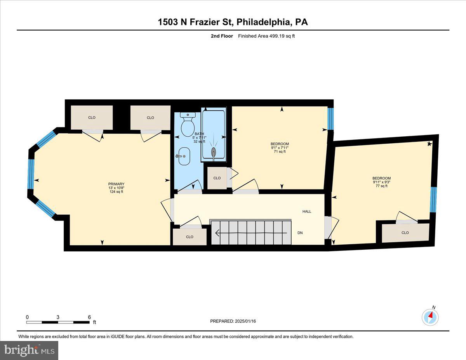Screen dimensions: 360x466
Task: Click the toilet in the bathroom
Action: point(188,123)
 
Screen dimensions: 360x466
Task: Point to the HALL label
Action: point(307,212)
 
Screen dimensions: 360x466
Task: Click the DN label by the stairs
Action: point(300,233)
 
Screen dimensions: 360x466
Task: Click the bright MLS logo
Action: point(30,350)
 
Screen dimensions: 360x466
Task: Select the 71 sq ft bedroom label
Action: point(280,148)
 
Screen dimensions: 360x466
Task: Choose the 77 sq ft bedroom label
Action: point(381,182)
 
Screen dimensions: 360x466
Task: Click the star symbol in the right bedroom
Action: point(429,144)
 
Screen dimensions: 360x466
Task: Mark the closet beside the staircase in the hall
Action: point(190,237)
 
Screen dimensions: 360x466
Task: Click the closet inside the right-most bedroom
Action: point(405,233)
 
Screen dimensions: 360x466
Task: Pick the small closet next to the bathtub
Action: point(217,178)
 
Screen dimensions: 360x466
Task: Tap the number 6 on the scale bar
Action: point(89,317)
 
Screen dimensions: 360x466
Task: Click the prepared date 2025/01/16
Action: point(233,321)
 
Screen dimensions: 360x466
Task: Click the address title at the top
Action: point(233,22)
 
